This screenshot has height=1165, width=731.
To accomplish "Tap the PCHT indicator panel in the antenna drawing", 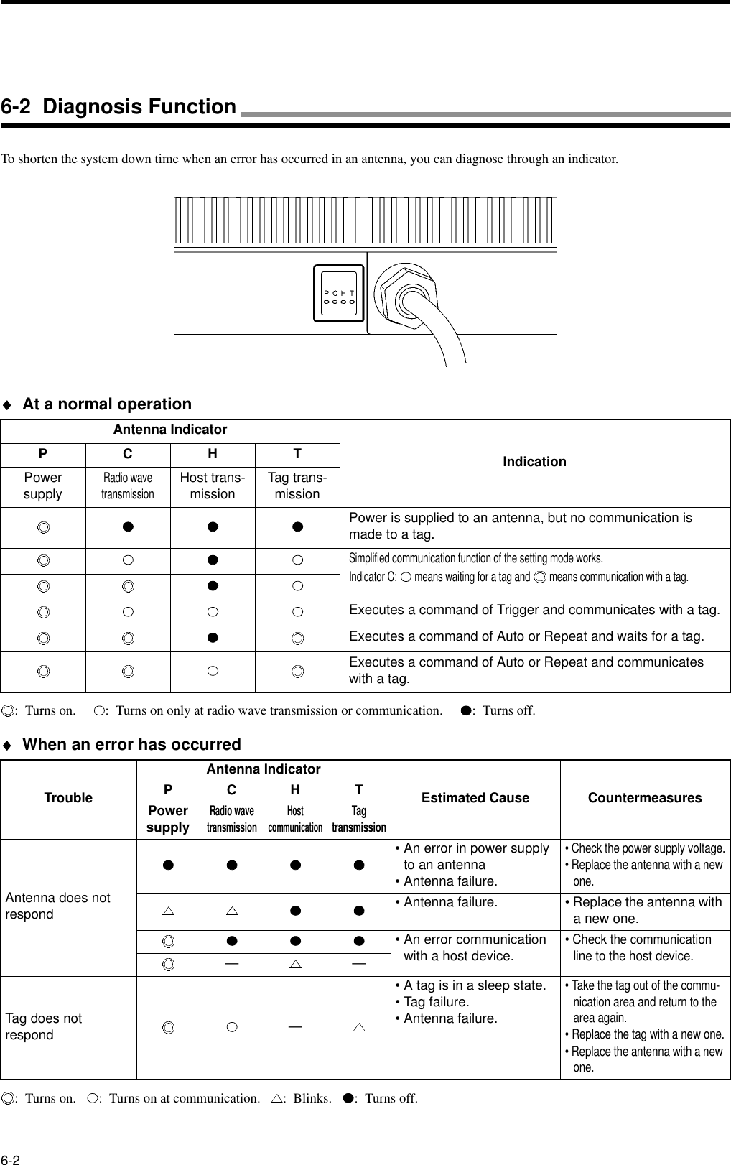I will coord(340,294).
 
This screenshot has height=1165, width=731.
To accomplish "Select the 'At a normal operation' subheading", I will coord(107,404).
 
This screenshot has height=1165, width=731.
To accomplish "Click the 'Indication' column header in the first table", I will coord(534,462).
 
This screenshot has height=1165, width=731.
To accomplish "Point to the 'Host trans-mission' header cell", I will coord(212,486).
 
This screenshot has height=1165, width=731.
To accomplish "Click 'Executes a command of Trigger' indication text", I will coord(534,611).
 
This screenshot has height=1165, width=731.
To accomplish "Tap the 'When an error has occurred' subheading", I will coord(131,744).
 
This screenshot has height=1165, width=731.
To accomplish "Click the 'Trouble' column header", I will coord(68,798).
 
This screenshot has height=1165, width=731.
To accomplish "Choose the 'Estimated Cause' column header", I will coord(475,798).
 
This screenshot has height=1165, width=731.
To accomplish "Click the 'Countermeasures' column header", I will coord(644,798).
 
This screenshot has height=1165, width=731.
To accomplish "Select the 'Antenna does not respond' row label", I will coord(58,906).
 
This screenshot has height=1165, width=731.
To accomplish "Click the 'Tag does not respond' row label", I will coord(44,1026).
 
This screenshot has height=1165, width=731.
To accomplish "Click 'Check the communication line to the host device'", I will coord(641,947).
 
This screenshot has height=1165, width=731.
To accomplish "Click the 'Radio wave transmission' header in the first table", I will coord(127,486).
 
